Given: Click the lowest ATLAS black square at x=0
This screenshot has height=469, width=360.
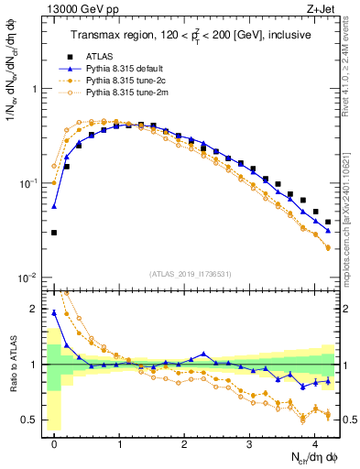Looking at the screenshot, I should (x=55, y=233).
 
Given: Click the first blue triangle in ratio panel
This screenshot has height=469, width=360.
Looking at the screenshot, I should (x=55, y=313).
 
